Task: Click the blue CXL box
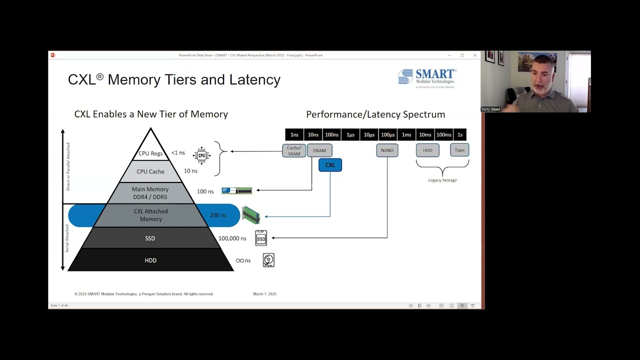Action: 330,165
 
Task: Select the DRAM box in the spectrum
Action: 319,150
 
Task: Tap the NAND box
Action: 387,150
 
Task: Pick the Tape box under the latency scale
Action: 459,150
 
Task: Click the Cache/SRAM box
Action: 294,150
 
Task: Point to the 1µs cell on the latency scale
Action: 350,134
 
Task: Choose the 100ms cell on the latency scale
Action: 443,134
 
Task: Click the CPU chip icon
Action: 201,155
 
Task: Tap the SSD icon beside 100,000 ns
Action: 261,238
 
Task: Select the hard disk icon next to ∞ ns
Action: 268,260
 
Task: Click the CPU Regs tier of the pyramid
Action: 150,153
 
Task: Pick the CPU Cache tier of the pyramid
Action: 150,171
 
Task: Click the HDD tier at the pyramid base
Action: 150,260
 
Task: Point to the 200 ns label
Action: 218,215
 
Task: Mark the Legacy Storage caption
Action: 442,180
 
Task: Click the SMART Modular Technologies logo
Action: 427,78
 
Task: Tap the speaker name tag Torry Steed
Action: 490,109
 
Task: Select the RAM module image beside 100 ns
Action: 236,190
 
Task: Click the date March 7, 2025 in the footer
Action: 264,294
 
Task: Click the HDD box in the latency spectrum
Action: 427,150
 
